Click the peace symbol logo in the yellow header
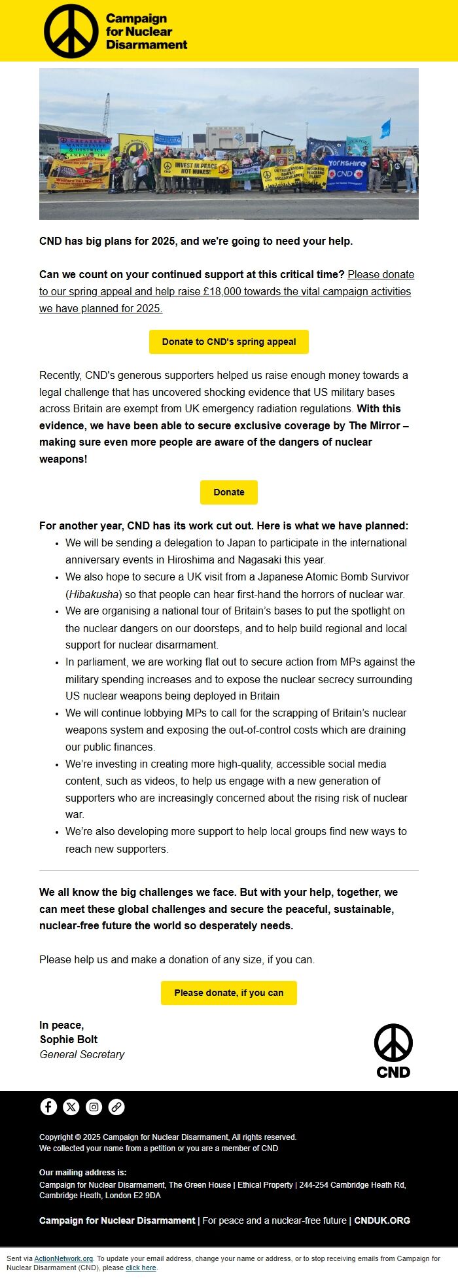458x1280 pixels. (71, 31)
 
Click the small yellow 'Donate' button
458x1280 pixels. (229, 492)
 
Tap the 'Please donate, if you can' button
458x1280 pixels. (229, 993)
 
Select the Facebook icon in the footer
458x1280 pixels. (48, 1107)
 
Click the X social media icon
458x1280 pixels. (71, 1107)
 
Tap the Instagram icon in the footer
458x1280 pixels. (94, 1107)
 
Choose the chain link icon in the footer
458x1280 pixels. (116, 1107)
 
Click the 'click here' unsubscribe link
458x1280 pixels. (141, 1268)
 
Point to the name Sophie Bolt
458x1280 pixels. (69, 1039)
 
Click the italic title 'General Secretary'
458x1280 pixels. (82, 1054)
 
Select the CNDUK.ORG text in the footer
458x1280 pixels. (382, 1220)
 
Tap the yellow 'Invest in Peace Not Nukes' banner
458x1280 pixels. (196, 168)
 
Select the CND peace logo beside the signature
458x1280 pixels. (393, 1050)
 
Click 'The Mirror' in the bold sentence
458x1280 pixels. (374, 425)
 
